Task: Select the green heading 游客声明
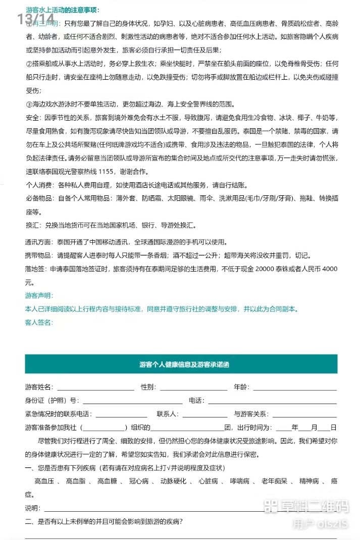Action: pos(39,295)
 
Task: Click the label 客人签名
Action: pos(39,322)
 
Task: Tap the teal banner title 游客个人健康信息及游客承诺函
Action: pos(181,364)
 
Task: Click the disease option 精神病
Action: pos(309,481)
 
